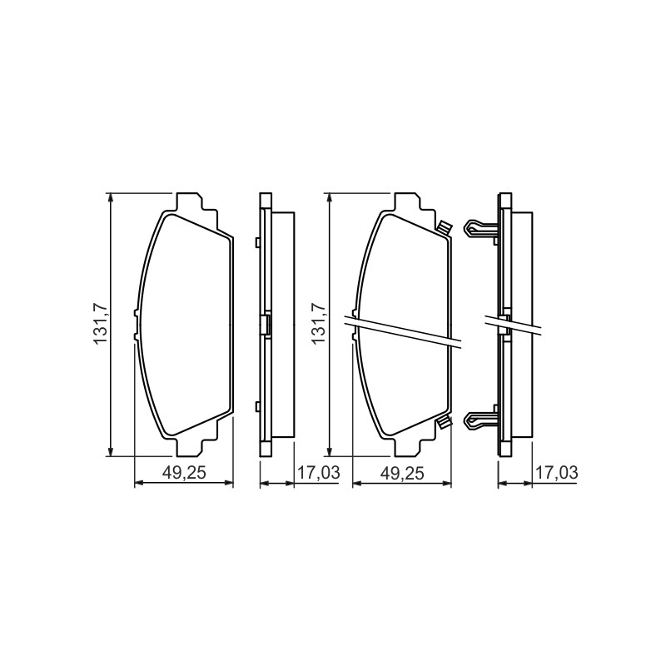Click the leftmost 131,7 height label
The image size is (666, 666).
101,324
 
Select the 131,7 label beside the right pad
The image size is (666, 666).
319,324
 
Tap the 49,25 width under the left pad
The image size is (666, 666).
184,473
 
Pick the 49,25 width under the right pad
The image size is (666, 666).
402,473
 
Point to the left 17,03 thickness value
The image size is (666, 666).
319,473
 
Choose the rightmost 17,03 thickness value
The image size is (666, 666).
556,473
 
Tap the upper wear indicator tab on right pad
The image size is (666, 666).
444,228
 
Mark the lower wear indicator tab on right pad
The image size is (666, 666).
444,422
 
